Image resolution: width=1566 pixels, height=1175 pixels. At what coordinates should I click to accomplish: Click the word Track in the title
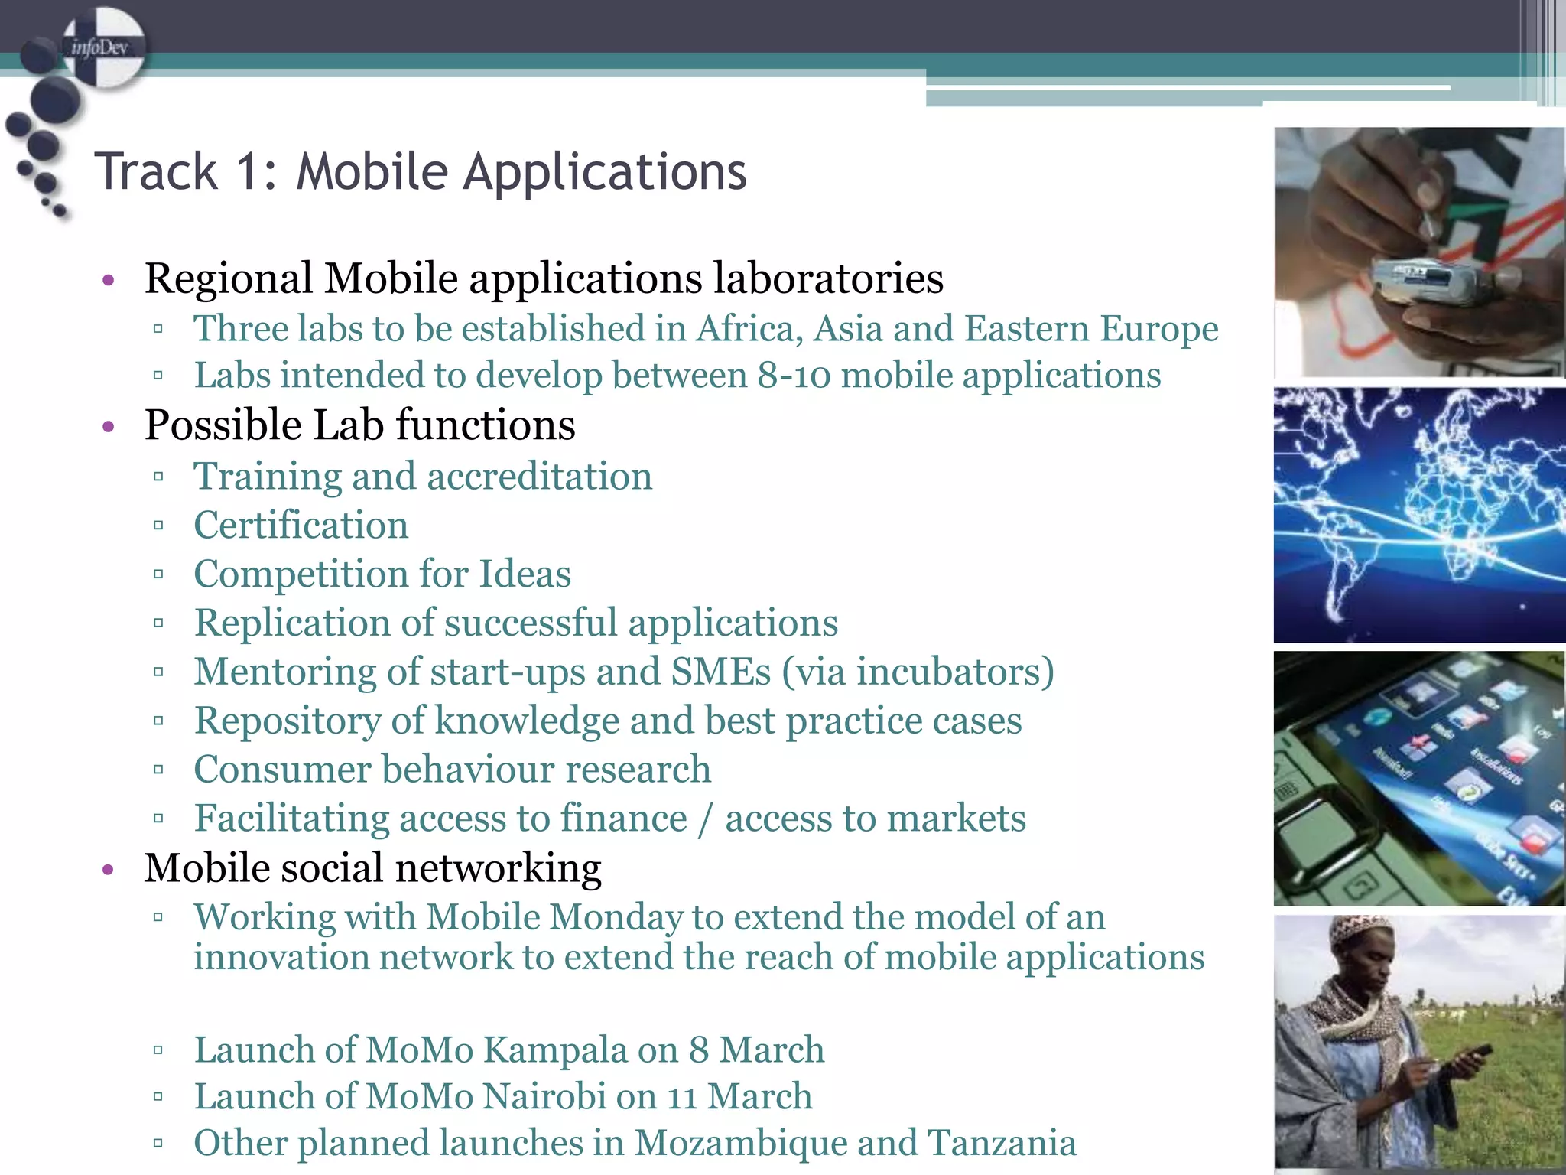click(x=156, y=171)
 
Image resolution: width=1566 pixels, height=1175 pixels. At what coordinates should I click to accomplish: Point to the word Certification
click(x=301, y=526)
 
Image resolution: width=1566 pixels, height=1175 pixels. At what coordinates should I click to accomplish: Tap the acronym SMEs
click(x=721, y=672)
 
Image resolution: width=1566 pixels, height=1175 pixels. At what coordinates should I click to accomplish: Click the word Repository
click(x=287, y=721)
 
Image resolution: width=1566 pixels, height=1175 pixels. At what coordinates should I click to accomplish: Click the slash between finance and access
click(x=705, y=819)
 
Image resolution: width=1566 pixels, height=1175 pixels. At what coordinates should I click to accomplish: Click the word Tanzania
click(x=1002, y=1143)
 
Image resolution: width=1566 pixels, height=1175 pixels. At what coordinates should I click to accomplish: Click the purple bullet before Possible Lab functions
click(x=109, y=426)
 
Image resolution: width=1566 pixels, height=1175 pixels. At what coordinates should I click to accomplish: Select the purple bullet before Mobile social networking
click(x=109, y=869)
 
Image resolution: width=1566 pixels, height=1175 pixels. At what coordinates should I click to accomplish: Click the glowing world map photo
click(x=1418, y=515)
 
